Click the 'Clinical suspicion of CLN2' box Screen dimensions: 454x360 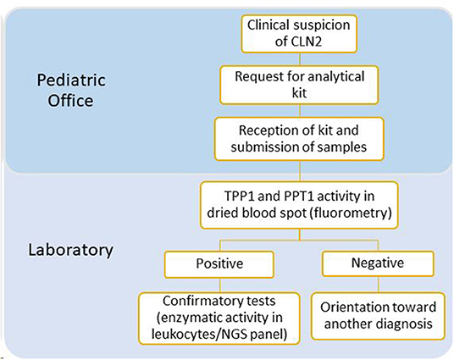click(x=299, y=34)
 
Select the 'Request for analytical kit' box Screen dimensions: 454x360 click(x=299, y=85)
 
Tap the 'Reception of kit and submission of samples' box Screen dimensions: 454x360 click(x=299, y=139)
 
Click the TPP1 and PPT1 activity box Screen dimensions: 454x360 click(x=299, y=205)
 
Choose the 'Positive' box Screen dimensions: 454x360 click(x=219, y=264)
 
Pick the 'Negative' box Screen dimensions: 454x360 click(x=378, y=263)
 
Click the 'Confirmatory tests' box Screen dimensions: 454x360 click(x=219, y=318)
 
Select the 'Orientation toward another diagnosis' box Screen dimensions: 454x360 click(x=378, y=316)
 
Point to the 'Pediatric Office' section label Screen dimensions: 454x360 click(x=71, y=91)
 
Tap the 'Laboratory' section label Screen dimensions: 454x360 click(x=70, y=250)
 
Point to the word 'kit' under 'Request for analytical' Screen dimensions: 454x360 click(x=299, y=93)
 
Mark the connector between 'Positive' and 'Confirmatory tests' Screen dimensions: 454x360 click(x=220, y=285)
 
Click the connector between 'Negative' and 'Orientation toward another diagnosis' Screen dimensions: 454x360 click(x=378, y=285)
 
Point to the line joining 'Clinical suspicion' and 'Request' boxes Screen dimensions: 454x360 click(x=300, y=59)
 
